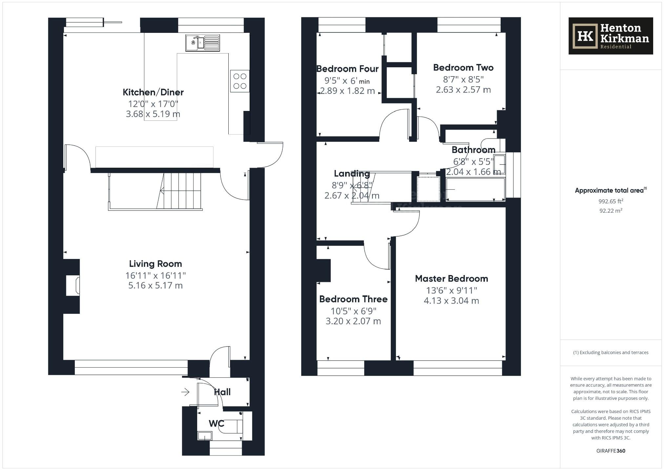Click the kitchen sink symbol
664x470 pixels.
tap(202, 43)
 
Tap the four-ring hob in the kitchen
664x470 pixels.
tap(240, 81)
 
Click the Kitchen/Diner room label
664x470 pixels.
tap(153, 92)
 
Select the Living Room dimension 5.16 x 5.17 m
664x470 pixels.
tap(155, 286)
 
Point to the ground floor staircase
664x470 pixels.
tap(180, 191)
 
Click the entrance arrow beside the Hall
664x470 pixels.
tap(185, 392)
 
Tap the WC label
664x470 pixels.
tap(217, 423)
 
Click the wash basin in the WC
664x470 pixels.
tap(205, 436)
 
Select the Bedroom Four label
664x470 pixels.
tap(347, 69)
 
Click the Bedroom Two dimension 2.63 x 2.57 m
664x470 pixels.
tap(463, 90)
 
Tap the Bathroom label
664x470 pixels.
tap(473, 150)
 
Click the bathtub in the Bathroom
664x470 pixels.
tap(475, 189)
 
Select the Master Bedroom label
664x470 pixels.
tap(451, 279)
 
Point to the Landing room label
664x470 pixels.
tap(352, 174)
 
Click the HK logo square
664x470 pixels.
tap(585, 36)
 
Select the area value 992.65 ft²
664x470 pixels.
tap(611, 201)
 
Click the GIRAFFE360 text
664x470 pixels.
tap(611, 451)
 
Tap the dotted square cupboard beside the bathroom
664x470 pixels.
tap(428, 189)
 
